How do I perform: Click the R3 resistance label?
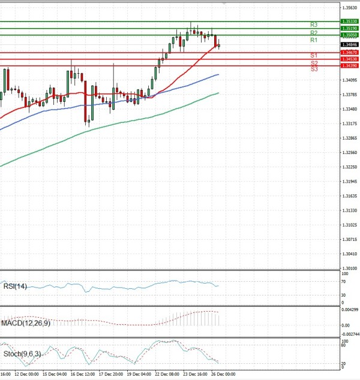coord(314,25)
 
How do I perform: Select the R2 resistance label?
coord(314,32)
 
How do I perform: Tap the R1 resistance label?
coord(314,40)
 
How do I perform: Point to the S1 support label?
coord(314,55)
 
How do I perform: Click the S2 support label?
coord(314,63)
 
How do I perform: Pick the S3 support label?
coord(314,70)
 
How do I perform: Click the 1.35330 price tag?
coord(349,21)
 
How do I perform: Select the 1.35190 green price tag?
coord(349,28)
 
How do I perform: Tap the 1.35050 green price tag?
coord(349,35)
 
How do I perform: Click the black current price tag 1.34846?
coord(349,45)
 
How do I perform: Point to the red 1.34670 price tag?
coord(349,53)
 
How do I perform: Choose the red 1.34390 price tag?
coord(349,65)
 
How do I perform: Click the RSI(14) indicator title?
coord(16,286)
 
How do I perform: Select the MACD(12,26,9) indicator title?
coord(25,324)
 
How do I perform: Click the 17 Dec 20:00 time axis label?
coord(112,374)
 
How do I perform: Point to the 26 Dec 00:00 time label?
coord(223,374)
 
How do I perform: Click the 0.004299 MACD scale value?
coord(350,309)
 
